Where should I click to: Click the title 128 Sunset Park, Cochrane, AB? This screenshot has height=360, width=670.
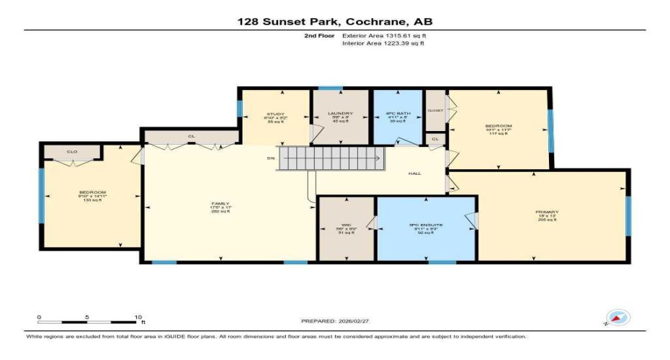(x=335, y=22)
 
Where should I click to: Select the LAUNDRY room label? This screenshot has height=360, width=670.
(x=340, y=114)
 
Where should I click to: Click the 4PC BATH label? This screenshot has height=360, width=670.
(x=397, y=114)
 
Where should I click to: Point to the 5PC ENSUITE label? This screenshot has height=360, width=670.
(x=426, y=225)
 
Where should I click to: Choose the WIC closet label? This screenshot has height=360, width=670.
(x=347, y=225)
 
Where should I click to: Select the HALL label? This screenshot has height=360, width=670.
(x=415, y=174)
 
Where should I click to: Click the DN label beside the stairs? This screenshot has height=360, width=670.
(x=270, y=158)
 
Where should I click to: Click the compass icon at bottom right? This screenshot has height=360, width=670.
(x=618, y=318)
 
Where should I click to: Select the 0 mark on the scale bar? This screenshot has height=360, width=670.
(x=40, y=317)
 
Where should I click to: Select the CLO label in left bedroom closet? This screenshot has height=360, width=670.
(x=72, y=152)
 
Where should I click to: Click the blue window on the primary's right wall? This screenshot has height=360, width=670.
(x=628, y=216)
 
